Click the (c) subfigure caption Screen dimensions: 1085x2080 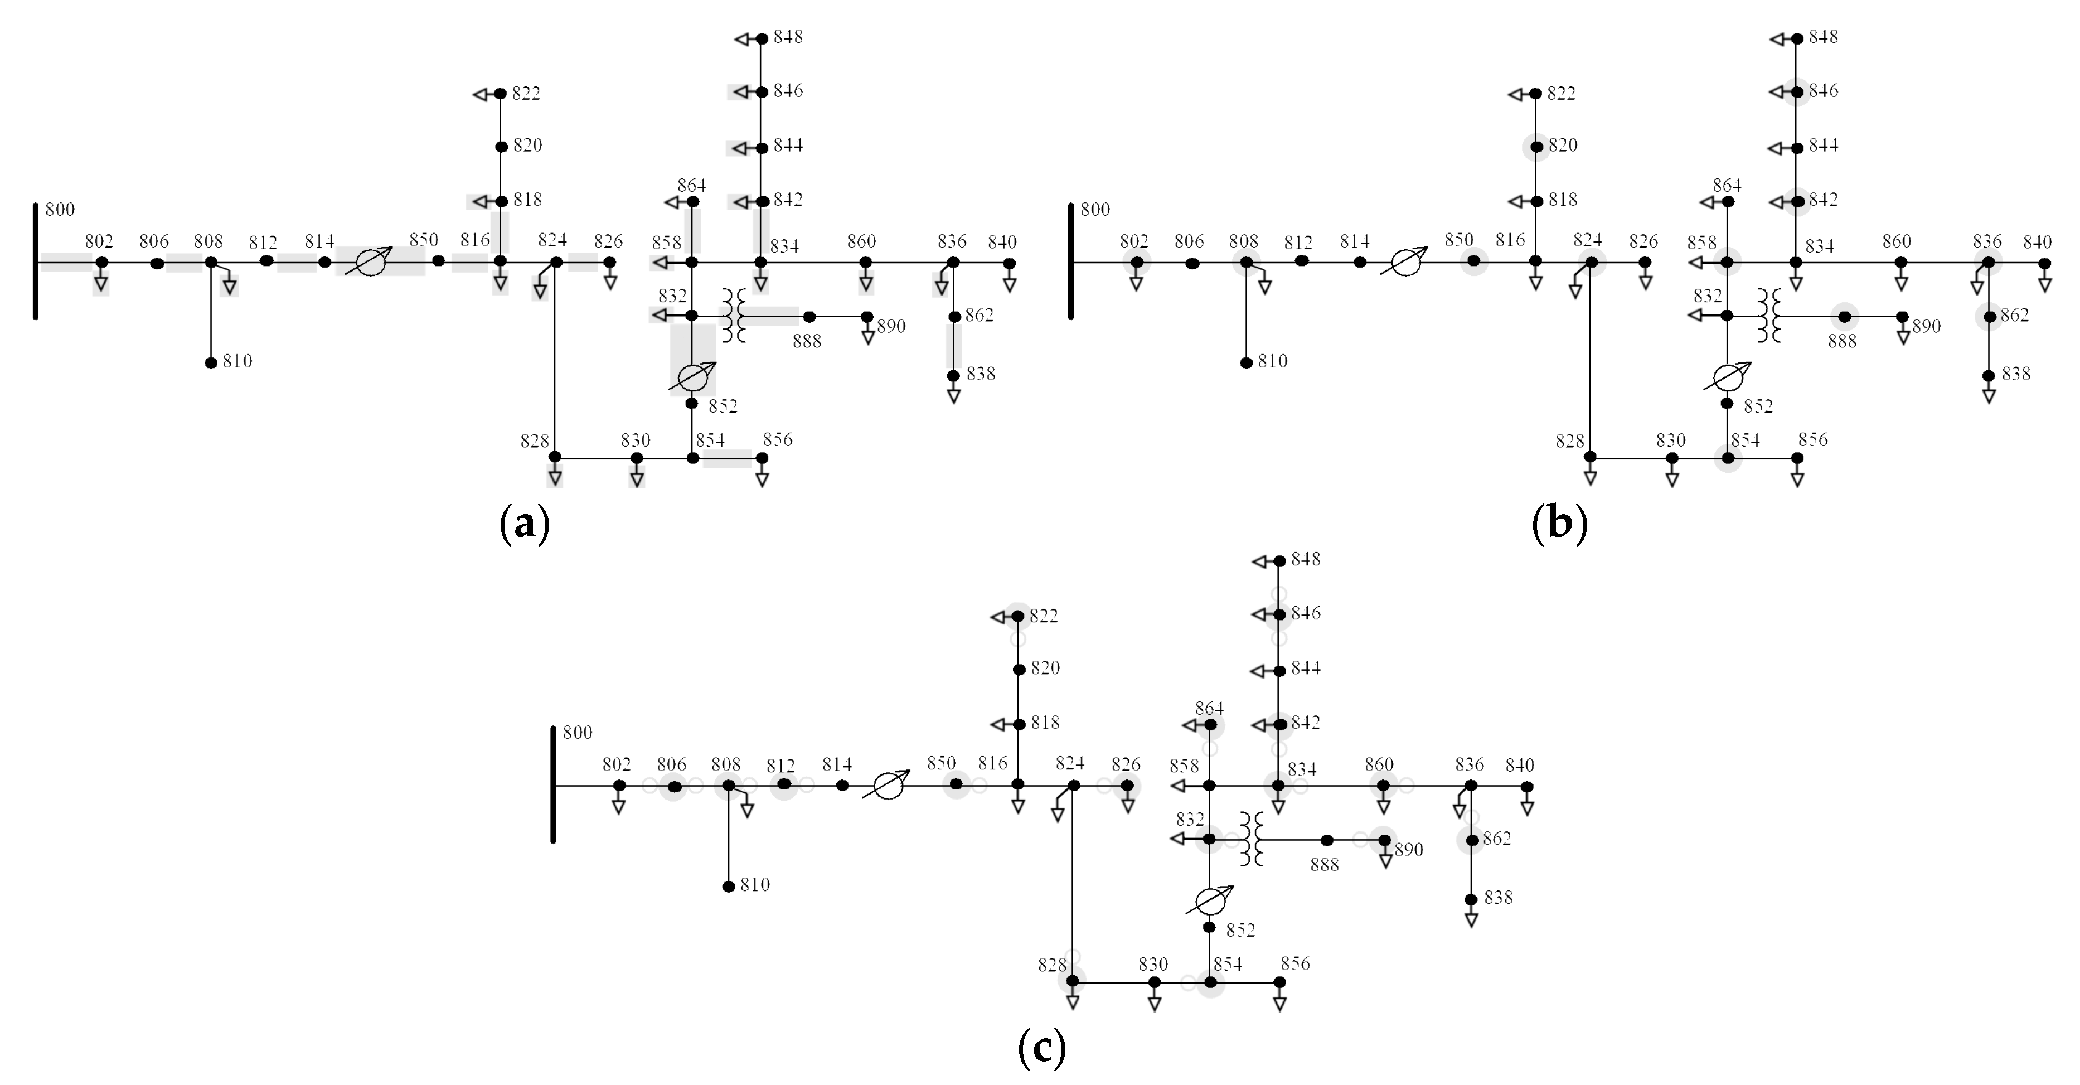click(x=1041, y=1048)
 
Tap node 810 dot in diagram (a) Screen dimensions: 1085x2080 click(x=211, y=362)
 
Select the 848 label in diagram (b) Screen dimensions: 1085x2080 click(x=1823, y=37)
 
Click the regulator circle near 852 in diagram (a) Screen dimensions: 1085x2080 click(x=692, y=377)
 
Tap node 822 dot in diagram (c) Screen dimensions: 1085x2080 click(x=1018, y=616)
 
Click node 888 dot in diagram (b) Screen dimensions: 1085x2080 click(x=1844, y=317)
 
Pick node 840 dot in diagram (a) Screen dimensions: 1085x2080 click(x=1009, y=263)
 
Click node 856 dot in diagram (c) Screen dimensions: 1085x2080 click(x=1279, y=982)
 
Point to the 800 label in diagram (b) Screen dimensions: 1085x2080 click(x=1095, y=210)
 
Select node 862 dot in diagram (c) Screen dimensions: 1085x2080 click(x=1472, y=840)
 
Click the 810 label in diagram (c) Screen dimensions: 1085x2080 click(x=755, y=885)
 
